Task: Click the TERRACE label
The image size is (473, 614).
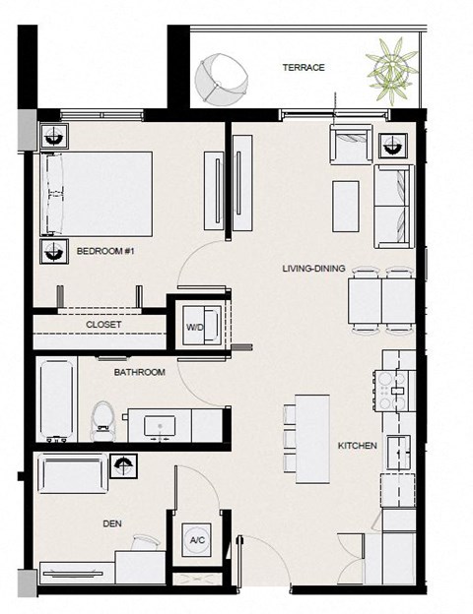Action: (304, 67)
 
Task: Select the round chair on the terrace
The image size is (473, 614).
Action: (222, 80)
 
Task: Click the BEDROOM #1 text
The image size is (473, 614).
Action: (105, 251)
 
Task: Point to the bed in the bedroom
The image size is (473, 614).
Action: (97, 194)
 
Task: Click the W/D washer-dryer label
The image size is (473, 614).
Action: (195, 327)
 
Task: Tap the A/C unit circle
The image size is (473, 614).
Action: (197, 540)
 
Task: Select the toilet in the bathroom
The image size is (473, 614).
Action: (103, 421)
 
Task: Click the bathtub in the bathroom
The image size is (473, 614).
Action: (57, 400)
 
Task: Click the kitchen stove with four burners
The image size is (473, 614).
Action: (394, 391)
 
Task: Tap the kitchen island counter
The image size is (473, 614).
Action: (311, 439)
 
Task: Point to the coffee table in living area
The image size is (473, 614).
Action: (346, 207)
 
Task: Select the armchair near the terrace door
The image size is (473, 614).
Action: (351, 145)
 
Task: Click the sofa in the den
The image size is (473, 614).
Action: (73, 472)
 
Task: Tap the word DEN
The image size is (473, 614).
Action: (112, 523)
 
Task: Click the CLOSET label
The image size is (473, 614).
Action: (103, 325)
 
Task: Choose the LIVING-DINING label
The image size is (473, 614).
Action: (313, 269)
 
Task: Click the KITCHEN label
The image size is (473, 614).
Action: (358, 446)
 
